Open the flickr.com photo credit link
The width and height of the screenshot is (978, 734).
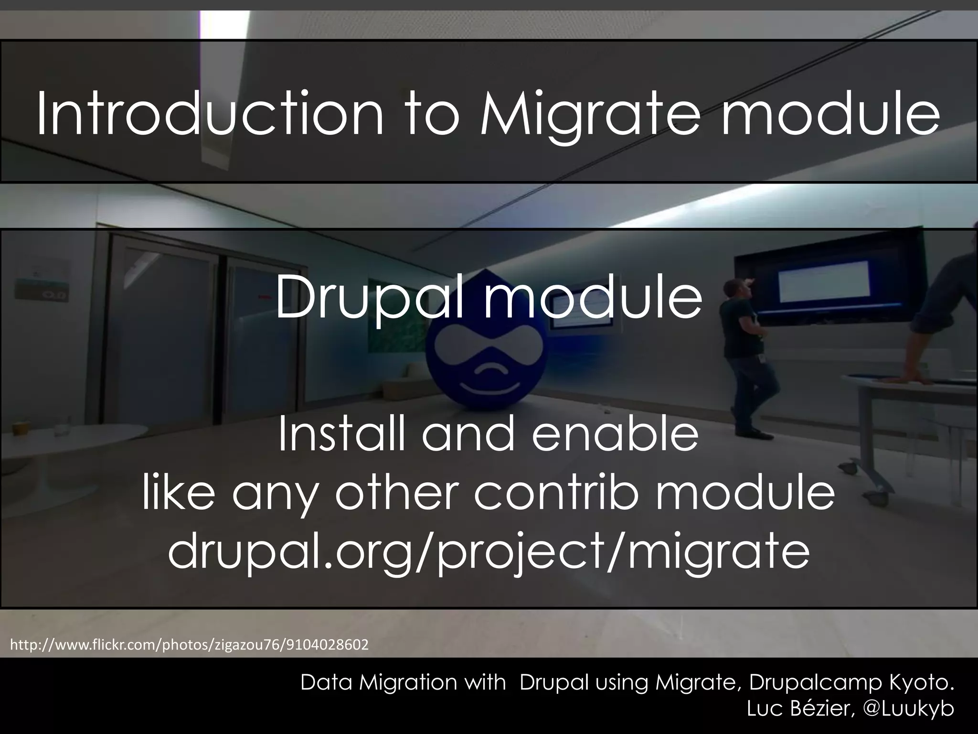189,645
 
